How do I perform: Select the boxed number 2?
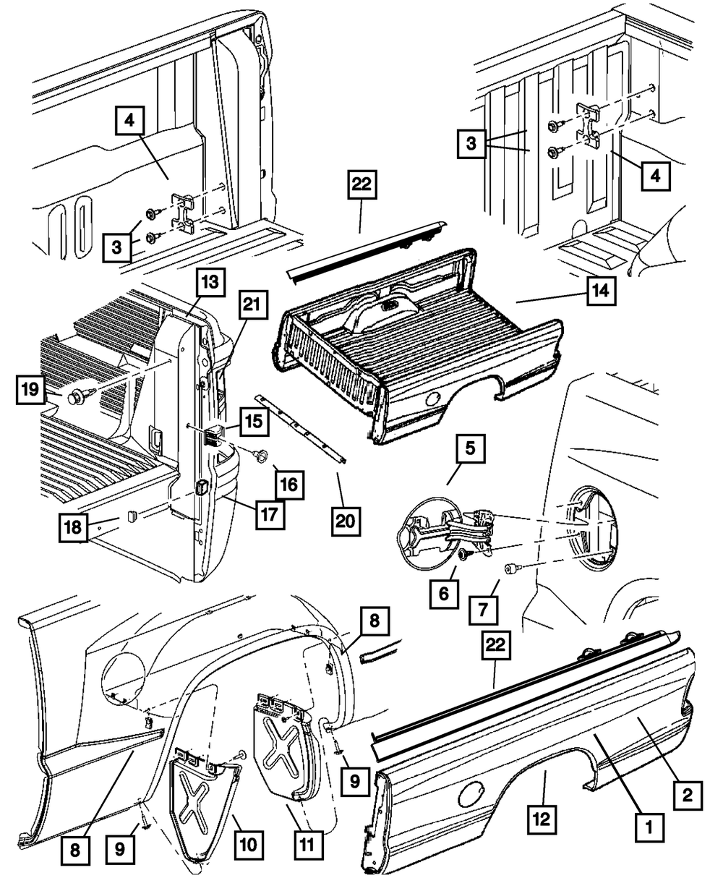point(688,796)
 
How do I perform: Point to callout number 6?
point(442,594)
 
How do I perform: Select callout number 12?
point(542,820)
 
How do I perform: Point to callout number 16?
point(289,483)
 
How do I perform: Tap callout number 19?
point(30,392)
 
